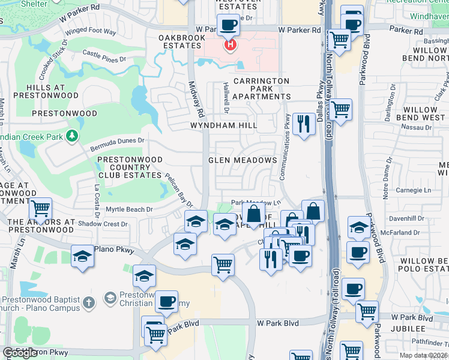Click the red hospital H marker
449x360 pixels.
tap(229, 45)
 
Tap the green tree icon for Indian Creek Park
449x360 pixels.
tap(73, 136)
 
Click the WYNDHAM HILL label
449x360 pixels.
tap(223, 125)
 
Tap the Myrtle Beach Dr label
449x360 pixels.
tap(129, 209)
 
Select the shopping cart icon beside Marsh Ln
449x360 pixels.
tap(40, 209)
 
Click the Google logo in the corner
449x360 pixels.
tap(20, 353)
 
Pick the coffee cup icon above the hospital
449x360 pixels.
tap(228, 25)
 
